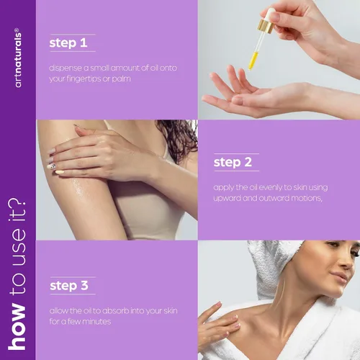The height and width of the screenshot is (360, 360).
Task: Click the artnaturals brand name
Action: (18, 58)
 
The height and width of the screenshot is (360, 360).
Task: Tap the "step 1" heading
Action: (68, 43)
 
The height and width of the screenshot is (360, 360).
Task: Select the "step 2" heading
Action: (233, 162)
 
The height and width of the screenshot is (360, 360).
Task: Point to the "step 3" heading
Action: (69, 286)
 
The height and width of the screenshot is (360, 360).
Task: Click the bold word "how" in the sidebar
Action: (17, 327)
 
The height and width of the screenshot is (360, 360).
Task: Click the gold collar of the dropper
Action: (266, 26)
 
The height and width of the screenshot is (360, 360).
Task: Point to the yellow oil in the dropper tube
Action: (253, 60)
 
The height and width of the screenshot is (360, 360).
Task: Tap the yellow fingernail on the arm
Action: (60, 172)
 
